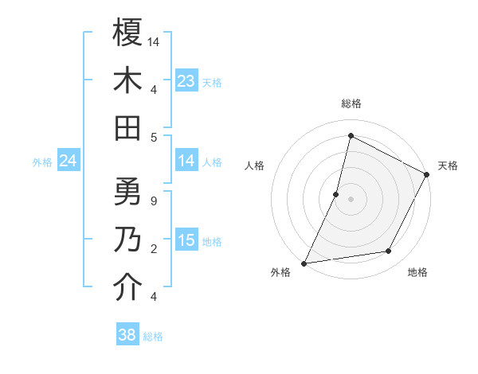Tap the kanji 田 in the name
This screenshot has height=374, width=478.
[x=127, y=127]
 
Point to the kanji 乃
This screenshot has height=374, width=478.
[x=127, y=240]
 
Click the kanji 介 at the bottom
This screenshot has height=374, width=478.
[x=127, y=287]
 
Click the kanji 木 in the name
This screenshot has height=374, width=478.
[x=127, y=80]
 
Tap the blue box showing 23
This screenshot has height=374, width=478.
[x=186, y=80]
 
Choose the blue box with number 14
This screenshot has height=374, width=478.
[x=186, y=161]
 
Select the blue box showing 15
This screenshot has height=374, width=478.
[x=186, y=240]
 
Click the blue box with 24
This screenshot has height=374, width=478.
[x=69, y=162]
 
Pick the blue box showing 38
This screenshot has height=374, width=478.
[x=127, y=335]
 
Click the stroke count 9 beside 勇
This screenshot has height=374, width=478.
[x=153, y=201]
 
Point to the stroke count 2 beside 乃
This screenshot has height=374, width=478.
[x=153, y=248]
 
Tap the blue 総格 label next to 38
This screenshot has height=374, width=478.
[x=153, y=337]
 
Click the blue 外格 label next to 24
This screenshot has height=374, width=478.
[x=42, y=162]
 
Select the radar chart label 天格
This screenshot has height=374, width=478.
[x=448, y=166]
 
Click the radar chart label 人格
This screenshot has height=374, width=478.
[x=255, y=166]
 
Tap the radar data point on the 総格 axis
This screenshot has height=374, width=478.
[x=351, y=135]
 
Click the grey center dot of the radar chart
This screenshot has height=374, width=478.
[x=351, y=199]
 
